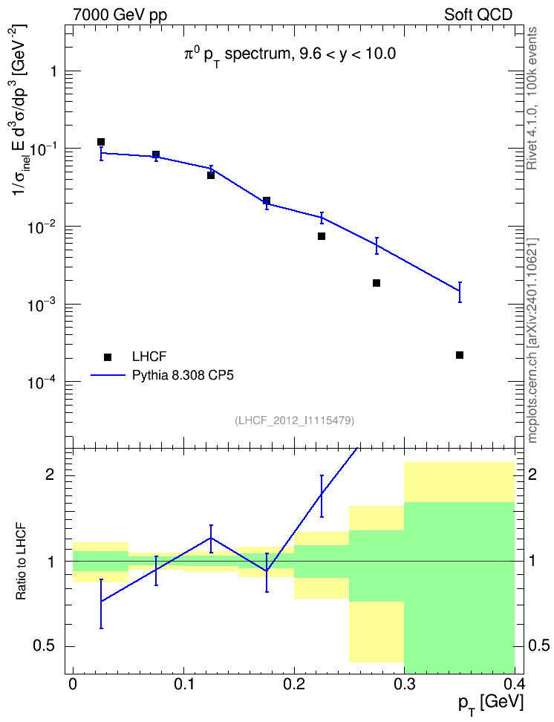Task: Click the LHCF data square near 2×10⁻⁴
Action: [x=459, y=355]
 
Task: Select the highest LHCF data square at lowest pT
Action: [x=101, y=142]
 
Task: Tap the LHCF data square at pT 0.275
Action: [x=377, y=283]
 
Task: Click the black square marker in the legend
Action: [x=108, y=357]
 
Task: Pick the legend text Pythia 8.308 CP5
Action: [x=183, y=375]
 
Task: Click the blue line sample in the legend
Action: [x=108, y=375]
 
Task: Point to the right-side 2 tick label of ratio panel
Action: [x=532, y=474]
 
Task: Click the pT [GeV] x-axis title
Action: [x=491, y=704]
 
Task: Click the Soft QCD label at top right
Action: [x=478, y=14]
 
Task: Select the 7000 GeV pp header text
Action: [x=120, y=15]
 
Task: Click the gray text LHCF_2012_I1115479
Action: [x=294, y=420]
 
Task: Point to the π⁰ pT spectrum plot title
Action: [x=290, y=55]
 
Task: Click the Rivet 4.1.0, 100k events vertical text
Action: [x=532, y=98]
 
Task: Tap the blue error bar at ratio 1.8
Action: [x=322, y=496]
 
